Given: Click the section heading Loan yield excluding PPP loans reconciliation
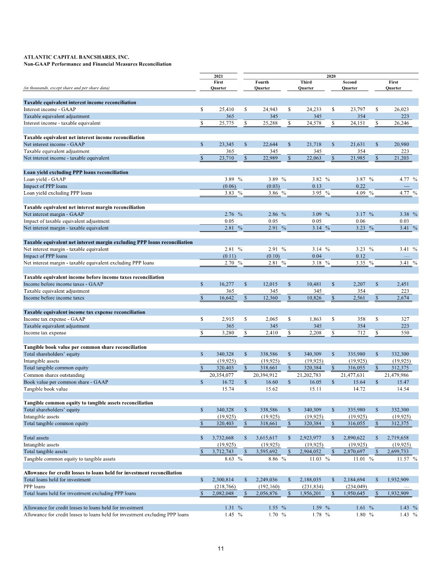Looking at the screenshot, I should pos(76,172).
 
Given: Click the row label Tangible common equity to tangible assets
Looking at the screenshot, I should pos(70,459).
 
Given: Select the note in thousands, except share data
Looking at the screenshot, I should pos(66,88).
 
